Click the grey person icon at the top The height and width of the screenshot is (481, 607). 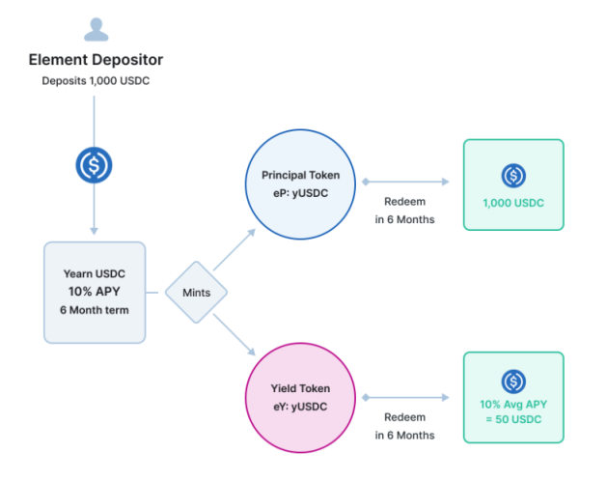click(95, 28)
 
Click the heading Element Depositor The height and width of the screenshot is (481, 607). click(95, 61)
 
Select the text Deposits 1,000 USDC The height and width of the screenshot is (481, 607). click(95, 81)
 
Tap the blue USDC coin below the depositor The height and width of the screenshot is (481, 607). click(94, 165)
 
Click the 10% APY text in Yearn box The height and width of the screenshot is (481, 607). click(94, 291)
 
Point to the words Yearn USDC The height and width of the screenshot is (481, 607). click(94, 274)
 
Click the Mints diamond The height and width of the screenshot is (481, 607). click(196, 291)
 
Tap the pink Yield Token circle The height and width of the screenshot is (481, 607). click(300, 397)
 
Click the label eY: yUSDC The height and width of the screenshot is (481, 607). click(300, 406)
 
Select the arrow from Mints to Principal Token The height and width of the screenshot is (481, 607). click(235, 249)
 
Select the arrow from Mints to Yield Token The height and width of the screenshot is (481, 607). click(235, 333)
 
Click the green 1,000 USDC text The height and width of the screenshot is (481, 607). click(512, 204)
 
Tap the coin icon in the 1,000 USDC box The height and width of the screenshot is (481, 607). click(512, 176)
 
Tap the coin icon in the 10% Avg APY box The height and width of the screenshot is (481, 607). click(512, 381)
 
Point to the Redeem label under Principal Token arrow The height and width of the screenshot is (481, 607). click(404, 203)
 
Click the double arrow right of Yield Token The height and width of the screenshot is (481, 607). click(404, 397)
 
